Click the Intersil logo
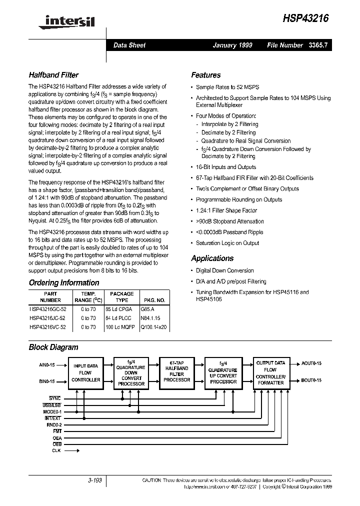click(x=62, y=20)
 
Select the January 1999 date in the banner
click(x=232, y=45)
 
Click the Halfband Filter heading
click(x=53, y=75)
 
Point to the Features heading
click(x=205, y=75)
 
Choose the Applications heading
click(x=212, y=258)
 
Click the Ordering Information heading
click(x=64, y=282)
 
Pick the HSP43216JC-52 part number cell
click(x=47, y=317)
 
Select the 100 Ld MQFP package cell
click(x=121, y=327)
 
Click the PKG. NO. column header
click(x=154, y=300)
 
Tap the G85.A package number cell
click(x=148, y=309)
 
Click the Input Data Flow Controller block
click(x=86, y=373)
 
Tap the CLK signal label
click(x=56, y=450)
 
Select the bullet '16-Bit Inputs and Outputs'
click(x=225, y=167)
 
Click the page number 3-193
click(x=94, y=480)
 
